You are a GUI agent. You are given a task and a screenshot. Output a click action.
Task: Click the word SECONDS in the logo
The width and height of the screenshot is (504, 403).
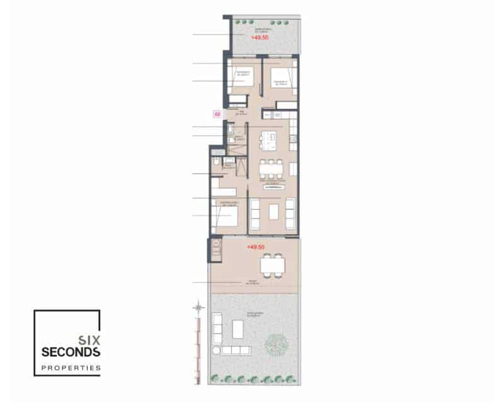click(x=70, y=351)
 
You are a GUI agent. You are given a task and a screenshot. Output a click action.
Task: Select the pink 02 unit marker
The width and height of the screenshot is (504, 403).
click(x=217, y=115)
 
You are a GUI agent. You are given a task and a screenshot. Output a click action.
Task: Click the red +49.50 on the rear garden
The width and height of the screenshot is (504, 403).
click(x=258, y=38)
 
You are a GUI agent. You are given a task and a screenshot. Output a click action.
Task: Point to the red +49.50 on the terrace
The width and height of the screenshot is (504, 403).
click(x=256, y=247)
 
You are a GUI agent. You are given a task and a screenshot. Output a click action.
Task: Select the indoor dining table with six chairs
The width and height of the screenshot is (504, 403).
click(x=272, y=169)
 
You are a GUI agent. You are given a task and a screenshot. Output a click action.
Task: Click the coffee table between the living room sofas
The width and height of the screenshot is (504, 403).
click(x=273, y=212)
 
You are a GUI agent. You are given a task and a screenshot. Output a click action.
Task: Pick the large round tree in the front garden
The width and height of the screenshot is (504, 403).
click(x=276, y=344)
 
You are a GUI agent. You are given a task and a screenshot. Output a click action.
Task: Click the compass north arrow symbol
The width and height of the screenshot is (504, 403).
click(x=198, y=307)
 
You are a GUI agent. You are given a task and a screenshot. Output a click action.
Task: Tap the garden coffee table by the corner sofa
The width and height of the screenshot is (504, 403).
click(x=239, y=329)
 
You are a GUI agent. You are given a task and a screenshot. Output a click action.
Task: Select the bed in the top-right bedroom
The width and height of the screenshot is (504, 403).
click(x=280, y=78)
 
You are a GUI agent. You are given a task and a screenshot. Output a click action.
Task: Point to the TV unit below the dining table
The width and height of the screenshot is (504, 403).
click(x=273, y=187)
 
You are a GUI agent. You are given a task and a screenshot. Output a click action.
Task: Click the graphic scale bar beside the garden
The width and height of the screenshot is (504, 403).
click(x=198, y=346)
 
